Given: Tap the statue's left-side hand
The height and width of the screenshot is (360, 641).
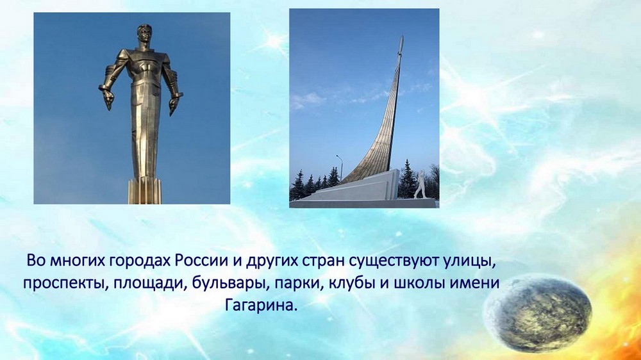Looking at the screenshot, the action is (x=108, y=97).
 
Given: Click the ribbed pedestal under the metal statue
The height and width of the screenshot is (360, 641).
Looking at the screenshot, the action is (x=145, y=191).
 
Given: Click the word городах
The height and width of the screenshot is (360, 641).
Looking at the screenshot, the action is (x=139, y=261).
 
